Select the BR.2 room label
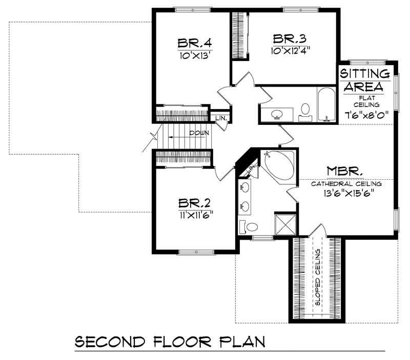[195, 203]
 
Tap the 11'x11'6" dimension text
[195, 215]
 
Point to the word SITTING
[367, 74]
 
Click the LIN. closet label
[221, 117]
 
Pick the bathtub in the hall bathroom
[326, 104]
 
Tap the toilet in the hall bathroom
[306, 110]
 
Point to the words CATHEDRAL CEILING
[346, 183]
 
